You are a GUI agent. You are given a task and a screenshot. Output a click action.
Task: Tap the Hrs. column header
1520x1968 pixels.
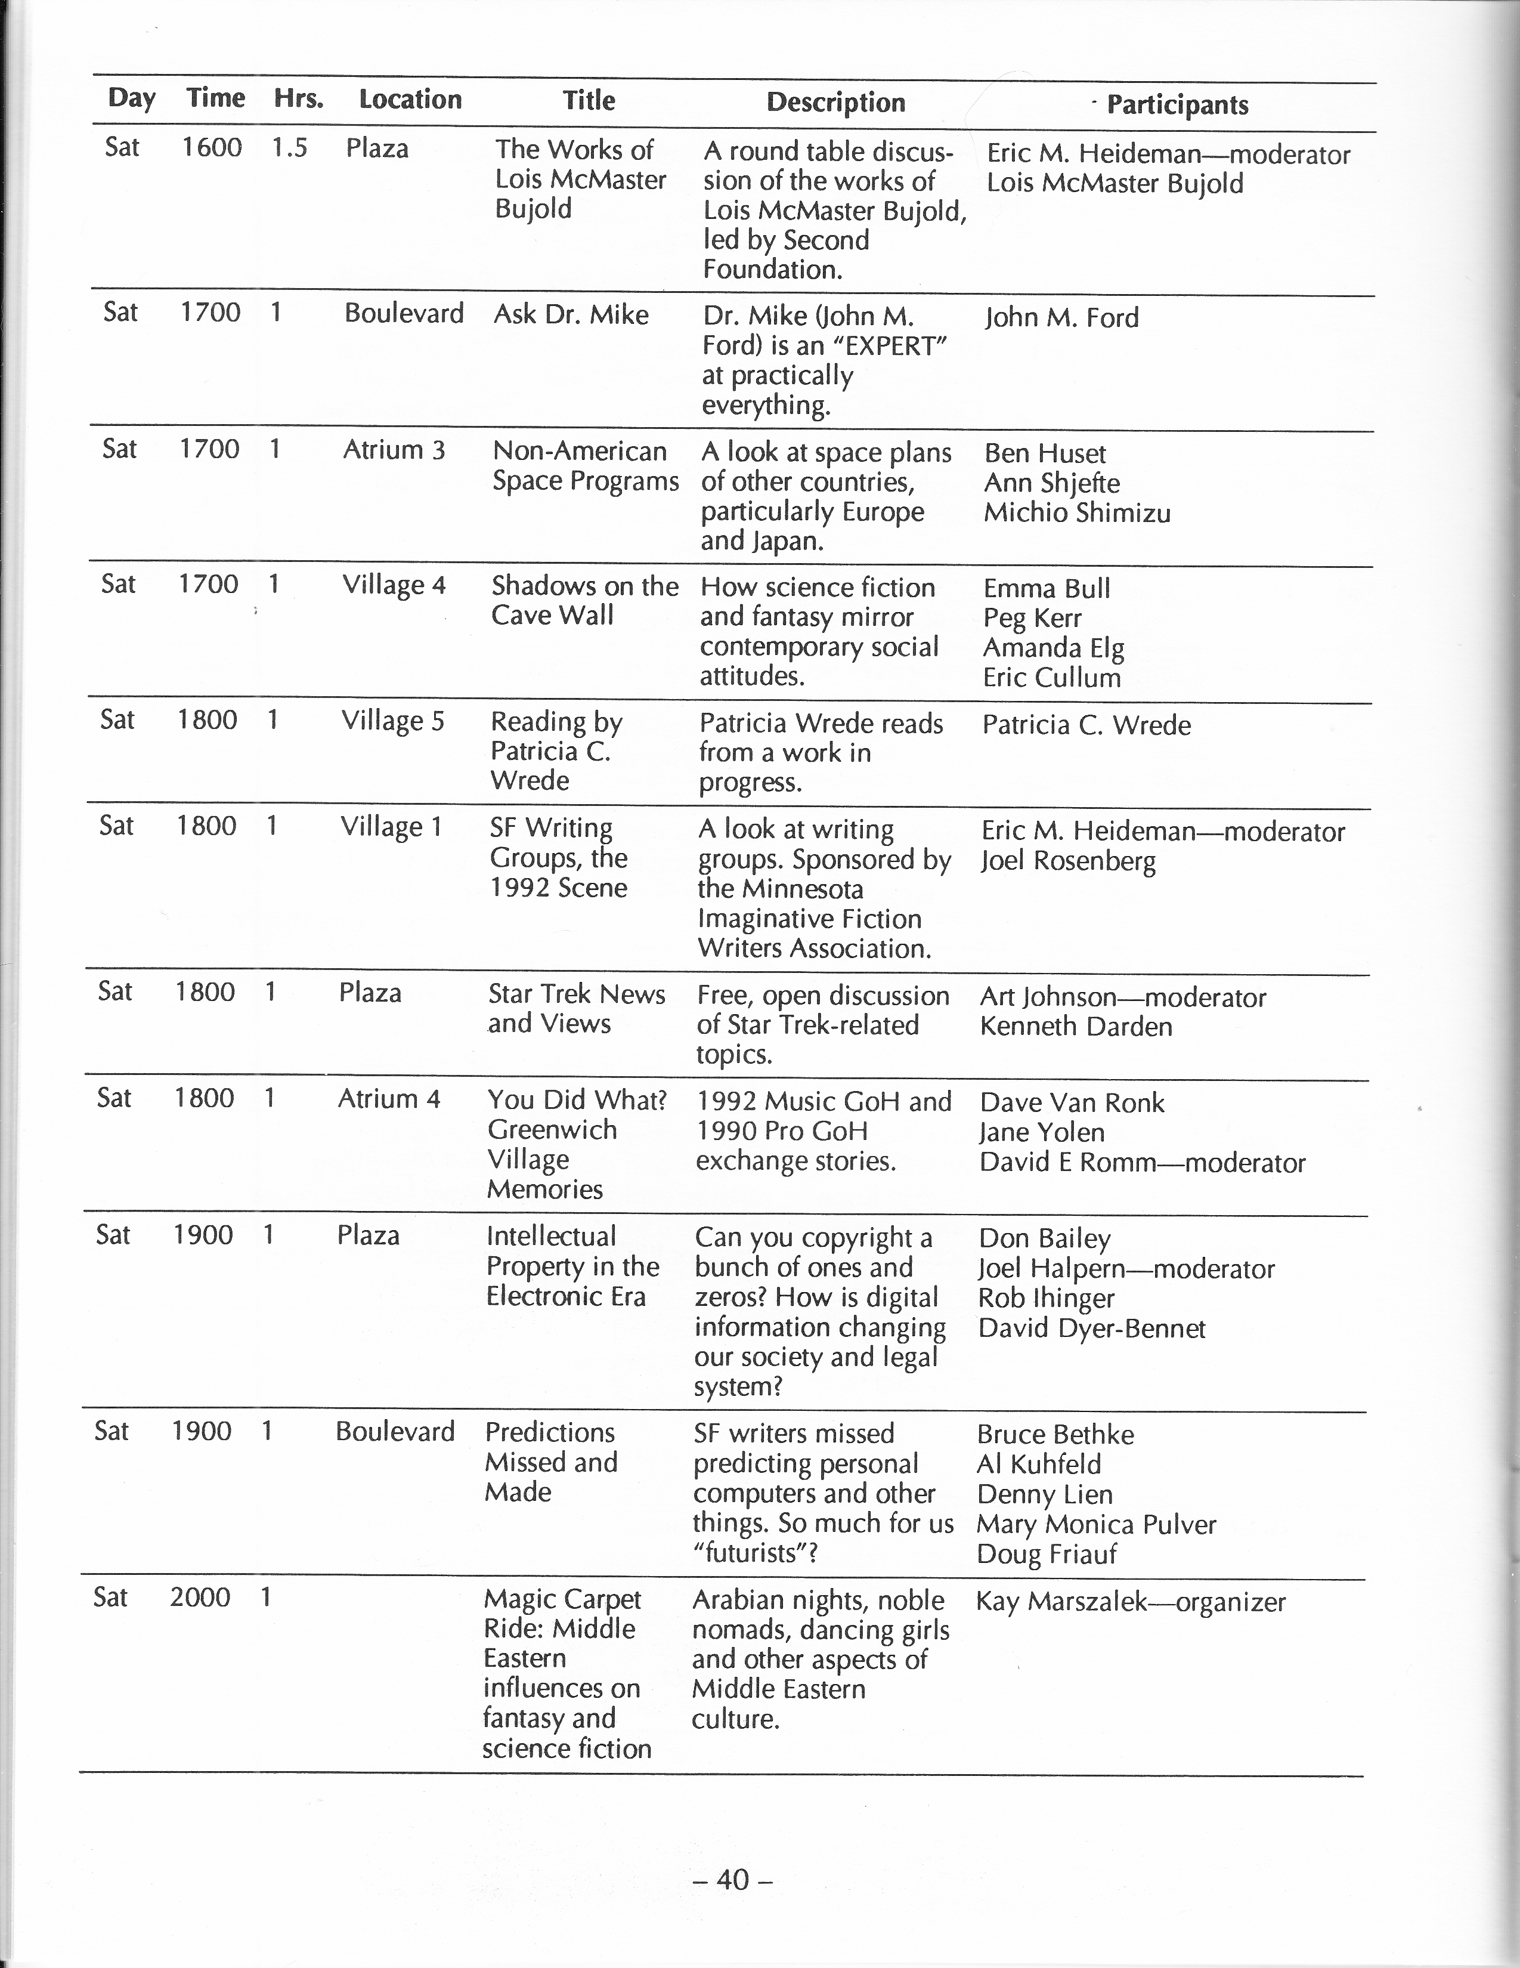click(x=298, y=98)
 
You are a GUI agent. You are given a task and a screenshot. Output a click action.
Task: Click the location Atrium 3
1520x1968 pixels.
click(x=394, y=450)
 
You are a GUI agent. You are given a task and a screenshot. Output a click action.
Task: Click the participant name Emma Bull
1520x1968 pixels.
click(x=1046, y=588)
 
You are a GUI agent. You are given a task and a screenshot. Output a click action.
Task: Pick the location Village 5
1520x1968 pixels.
click(x=393, y=722)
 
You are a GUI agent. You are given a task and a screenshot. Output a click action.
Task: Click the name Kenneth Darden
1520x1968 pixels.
click(x=1076, y=1026)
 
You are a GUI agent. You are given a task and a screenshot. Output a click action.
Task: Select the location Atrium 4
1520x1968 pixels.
click(x=388, y=1098)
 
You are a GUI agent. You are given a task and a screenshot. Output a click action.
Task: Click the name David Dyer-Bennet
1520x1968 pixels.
click(x=1091, y=1329)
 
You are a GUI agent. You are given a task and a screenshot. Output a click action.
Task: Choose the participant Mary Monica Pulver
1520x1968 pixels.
click(x=1095, y=1525)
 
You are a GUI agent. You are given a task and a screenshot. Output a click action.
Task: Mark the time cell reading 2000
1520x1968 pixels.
click(x=200, y=1598)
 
